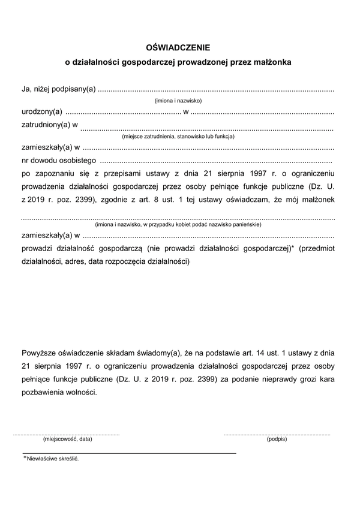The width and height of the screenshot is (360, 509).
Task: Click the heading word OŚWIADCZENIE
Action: (x=179, y=46)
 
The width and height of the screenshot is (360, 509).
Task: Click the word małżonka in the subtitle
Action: (x=272, y=62)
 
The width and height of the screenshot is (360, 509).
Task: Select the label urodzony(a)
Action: (x=41, y=112)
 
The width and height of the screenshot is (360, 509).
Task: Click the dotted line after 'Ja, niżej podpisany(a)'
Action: (x=216, y=90)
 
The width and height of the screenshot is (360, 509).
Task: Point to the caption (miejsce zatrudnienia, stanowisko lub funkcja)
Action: (x=178, y=137)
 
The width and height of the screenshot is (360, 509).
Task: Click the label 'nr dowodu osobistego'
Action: (x=59, y=160)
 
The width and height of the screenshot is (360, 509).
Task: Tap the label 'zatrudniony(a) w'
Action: (x=49, y=125)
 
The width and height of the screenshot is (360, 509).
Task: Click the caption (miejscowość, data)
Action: (x=68, y=439)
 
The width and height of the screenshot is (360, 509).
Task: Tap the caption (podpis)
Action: (x=277, y=439)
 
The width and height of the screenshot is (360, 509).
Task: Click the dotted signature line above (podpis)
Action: (x=277, y=433)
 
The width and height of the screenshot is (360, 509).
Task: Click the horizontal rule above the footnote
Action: (x=129, y=453)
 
